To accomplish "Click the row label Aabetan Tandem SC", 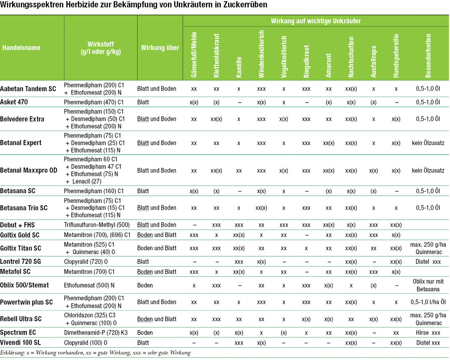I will pyautogui.click(x=28, y=89).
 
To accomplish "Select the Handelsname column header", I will pyautogui.click(x=21, y=47).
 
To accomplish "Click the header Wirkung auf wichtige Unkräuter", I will pyautogui.click(x=315, y=21).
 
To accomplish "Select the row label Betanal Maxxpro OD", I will pyautogui.click(x=29, y=170).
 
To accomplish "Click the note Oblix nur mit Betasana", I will pyautogui.click(x=428, y=285).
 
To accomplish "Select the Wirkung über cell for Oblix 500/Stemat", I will pyautogui.click(x=145, y=285).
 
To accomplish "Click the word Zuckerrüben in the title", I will pyautogui.click(x=245, y=6).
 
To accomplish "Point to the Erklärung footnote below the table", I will pyautogui.click(x=95, y=353).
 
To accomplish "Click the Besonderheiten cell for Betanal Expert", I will pyautogui.click(x=428, y=143).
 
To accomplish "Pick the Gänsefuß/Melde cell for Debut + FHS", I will pyautogui.click(x=194, y=225).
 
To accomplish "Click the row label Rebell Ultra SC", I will pyautogui.click(x=21, y=319).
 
